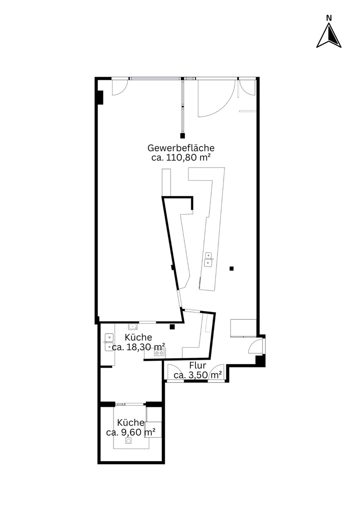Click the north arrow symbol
329,36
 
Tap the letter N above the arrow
329,18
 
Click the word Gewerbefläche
181,148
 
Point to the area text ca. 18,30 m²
139,347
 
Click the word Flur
198,365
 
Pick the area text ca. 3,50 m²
198,375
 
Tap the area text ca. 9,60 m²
130,432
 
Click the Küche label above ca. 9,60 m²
130,422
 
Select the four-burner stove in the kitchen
159,352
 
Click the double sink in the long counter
208,259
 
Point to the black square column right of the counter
232,268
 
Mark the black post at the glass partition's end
182,136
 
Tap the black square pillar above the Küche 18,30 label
173,327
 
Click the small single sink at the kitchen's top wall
133,326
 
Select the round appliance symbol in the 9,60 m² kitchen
129,440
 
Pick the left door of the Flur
175,373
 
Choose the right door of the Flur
216,373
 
